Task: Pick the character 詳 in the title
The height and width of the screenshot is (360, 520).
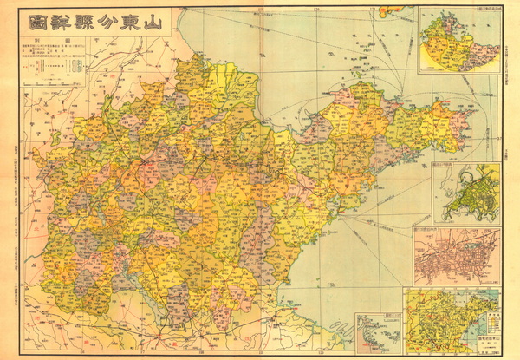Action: click(x=57, y=23)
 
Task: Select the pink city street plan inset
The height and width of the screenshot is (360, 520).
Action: click(x=457, y=256)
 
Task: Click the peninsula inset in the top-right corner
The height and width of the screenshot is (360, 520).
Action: click(x=458, y=40)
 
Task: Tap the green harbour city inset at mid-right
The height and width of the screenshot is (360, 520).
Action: click(x=468, y=193)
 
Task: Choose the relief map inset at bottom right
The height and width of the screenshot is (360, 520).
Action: click(x=451, y=321)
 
